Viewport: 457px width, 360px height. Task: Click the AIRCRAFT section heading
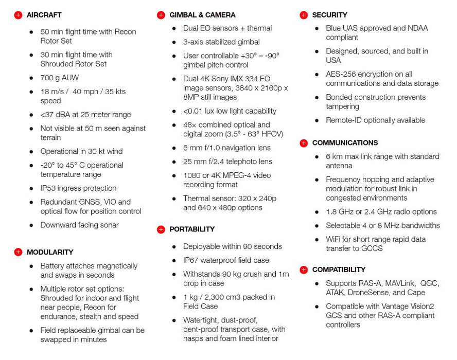pyautogui.click(x=44, y=15)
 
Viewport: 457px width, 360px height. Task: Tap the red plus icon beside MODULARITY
pyautogui.click(x=18, y=252)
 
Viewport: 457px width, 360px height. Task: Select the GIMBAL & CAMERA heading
pyautogui.click(x=202, y=15)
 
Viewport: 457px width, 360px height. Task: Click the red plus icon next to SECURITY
pyautogui.click(x=303, y=15)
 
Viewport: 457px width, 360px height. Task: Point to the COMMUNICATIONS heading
pyautogui.click(x=345, y=142)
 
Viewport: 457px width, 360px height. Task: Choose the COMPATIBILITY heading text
pyautogui.click(x=339, y=269)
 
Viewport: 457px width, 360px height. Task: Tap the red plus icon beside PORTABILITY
pyautogui.click(x=161, y=229)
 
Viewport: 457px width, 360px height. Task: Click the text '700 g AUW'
pyautogui.click(x=60, y=78)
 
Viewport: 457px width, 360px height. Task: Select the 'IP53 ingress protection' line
pyautogui.click(x=78, y=188)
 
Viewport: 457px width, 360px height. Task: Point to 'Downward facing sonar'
pyautogui.click(x=79, y=225)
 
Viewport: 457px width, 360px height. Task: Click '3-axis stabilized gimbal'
pyautogui.click(x=221, y=42)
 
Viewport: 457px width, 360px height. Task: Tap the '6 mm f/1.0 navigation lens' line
pyautogui.click(x=226, y=148)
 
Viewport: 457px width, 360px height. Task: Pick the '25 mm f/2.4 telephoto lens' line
pyautogui.click(x=227, y=161)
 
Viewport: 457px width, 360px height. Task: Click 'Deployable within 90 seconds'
pyautogui.click(x=232, y=246)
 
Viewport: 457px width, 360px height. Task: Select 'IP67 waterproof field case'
pyautogui.click(x=226, y=260)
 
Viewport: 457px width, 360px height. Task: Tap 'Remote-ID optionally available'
pyautogui.click(x=375, y=120)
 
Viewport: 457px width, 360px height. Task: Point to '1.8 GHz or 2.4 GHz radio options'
pyautogui.click(x=381, y=211)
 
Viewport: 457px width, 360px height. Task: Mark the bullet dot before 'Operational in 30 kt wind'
pyautogui.click(x=32, y=152)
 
